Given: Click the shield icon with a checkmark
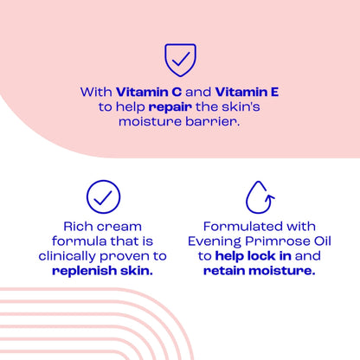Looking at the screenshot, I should tap(180, 60).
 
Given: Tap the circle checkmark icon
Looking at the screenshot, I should tap(103, 196).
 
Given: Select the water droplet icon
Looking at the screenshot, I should tap(258, 196).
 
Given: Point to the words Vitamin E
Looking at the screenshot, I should tap(247, 91).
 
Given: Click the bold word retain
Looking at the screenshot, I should tap(228, 271).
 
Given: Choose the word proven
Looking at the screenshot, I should tap(130, 256).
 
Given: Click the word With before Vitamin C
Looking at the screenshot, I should tap(97, 91).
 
